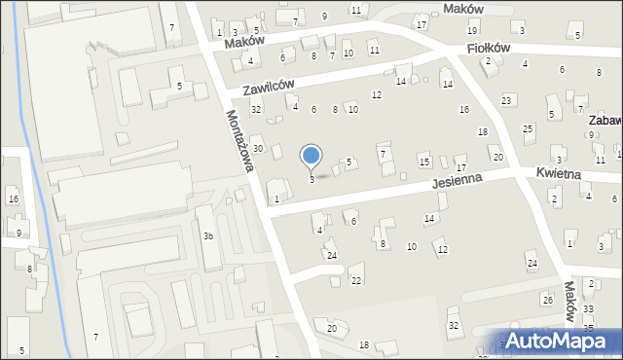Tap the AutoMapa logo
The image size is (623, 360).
pos(558,341)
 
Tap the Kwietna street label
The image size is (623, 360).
pos(558,173)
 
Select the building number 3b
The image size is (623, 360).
pos(207,236)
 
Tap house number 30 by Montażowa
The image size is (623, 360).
pos(258,148)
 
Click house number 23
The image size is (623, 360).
pos(506,101)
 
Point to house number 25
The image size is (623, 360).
pos(528,128)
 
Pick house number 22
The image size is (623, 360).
pos(356,280)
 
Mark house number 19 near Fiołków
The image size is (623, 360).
pos(471,31)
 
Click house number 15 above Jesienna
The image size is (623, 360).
pos(423,159)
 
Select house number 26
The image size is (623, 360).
pos(547,300)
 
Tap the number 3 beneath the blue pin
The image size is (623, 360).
pos(311,179)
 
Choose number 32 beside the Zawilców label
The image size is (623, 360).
pos(256,109)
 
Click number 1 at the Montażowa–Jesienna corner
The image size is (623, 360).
pos(276,198)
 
